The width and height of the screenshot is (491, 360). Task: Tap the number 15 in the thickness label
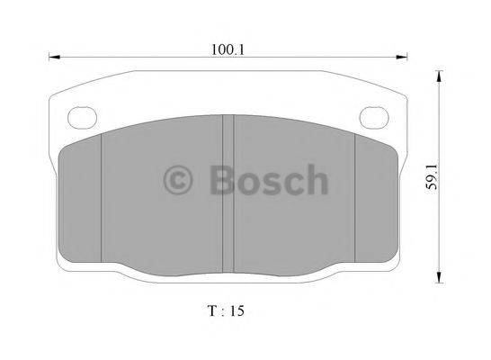(x=236, y=311)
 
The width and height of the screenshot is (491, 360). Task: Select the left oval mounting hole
(x=83, y=115)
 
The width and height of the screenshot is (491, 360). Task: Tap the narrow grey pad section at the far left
(x=80, y=202)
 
